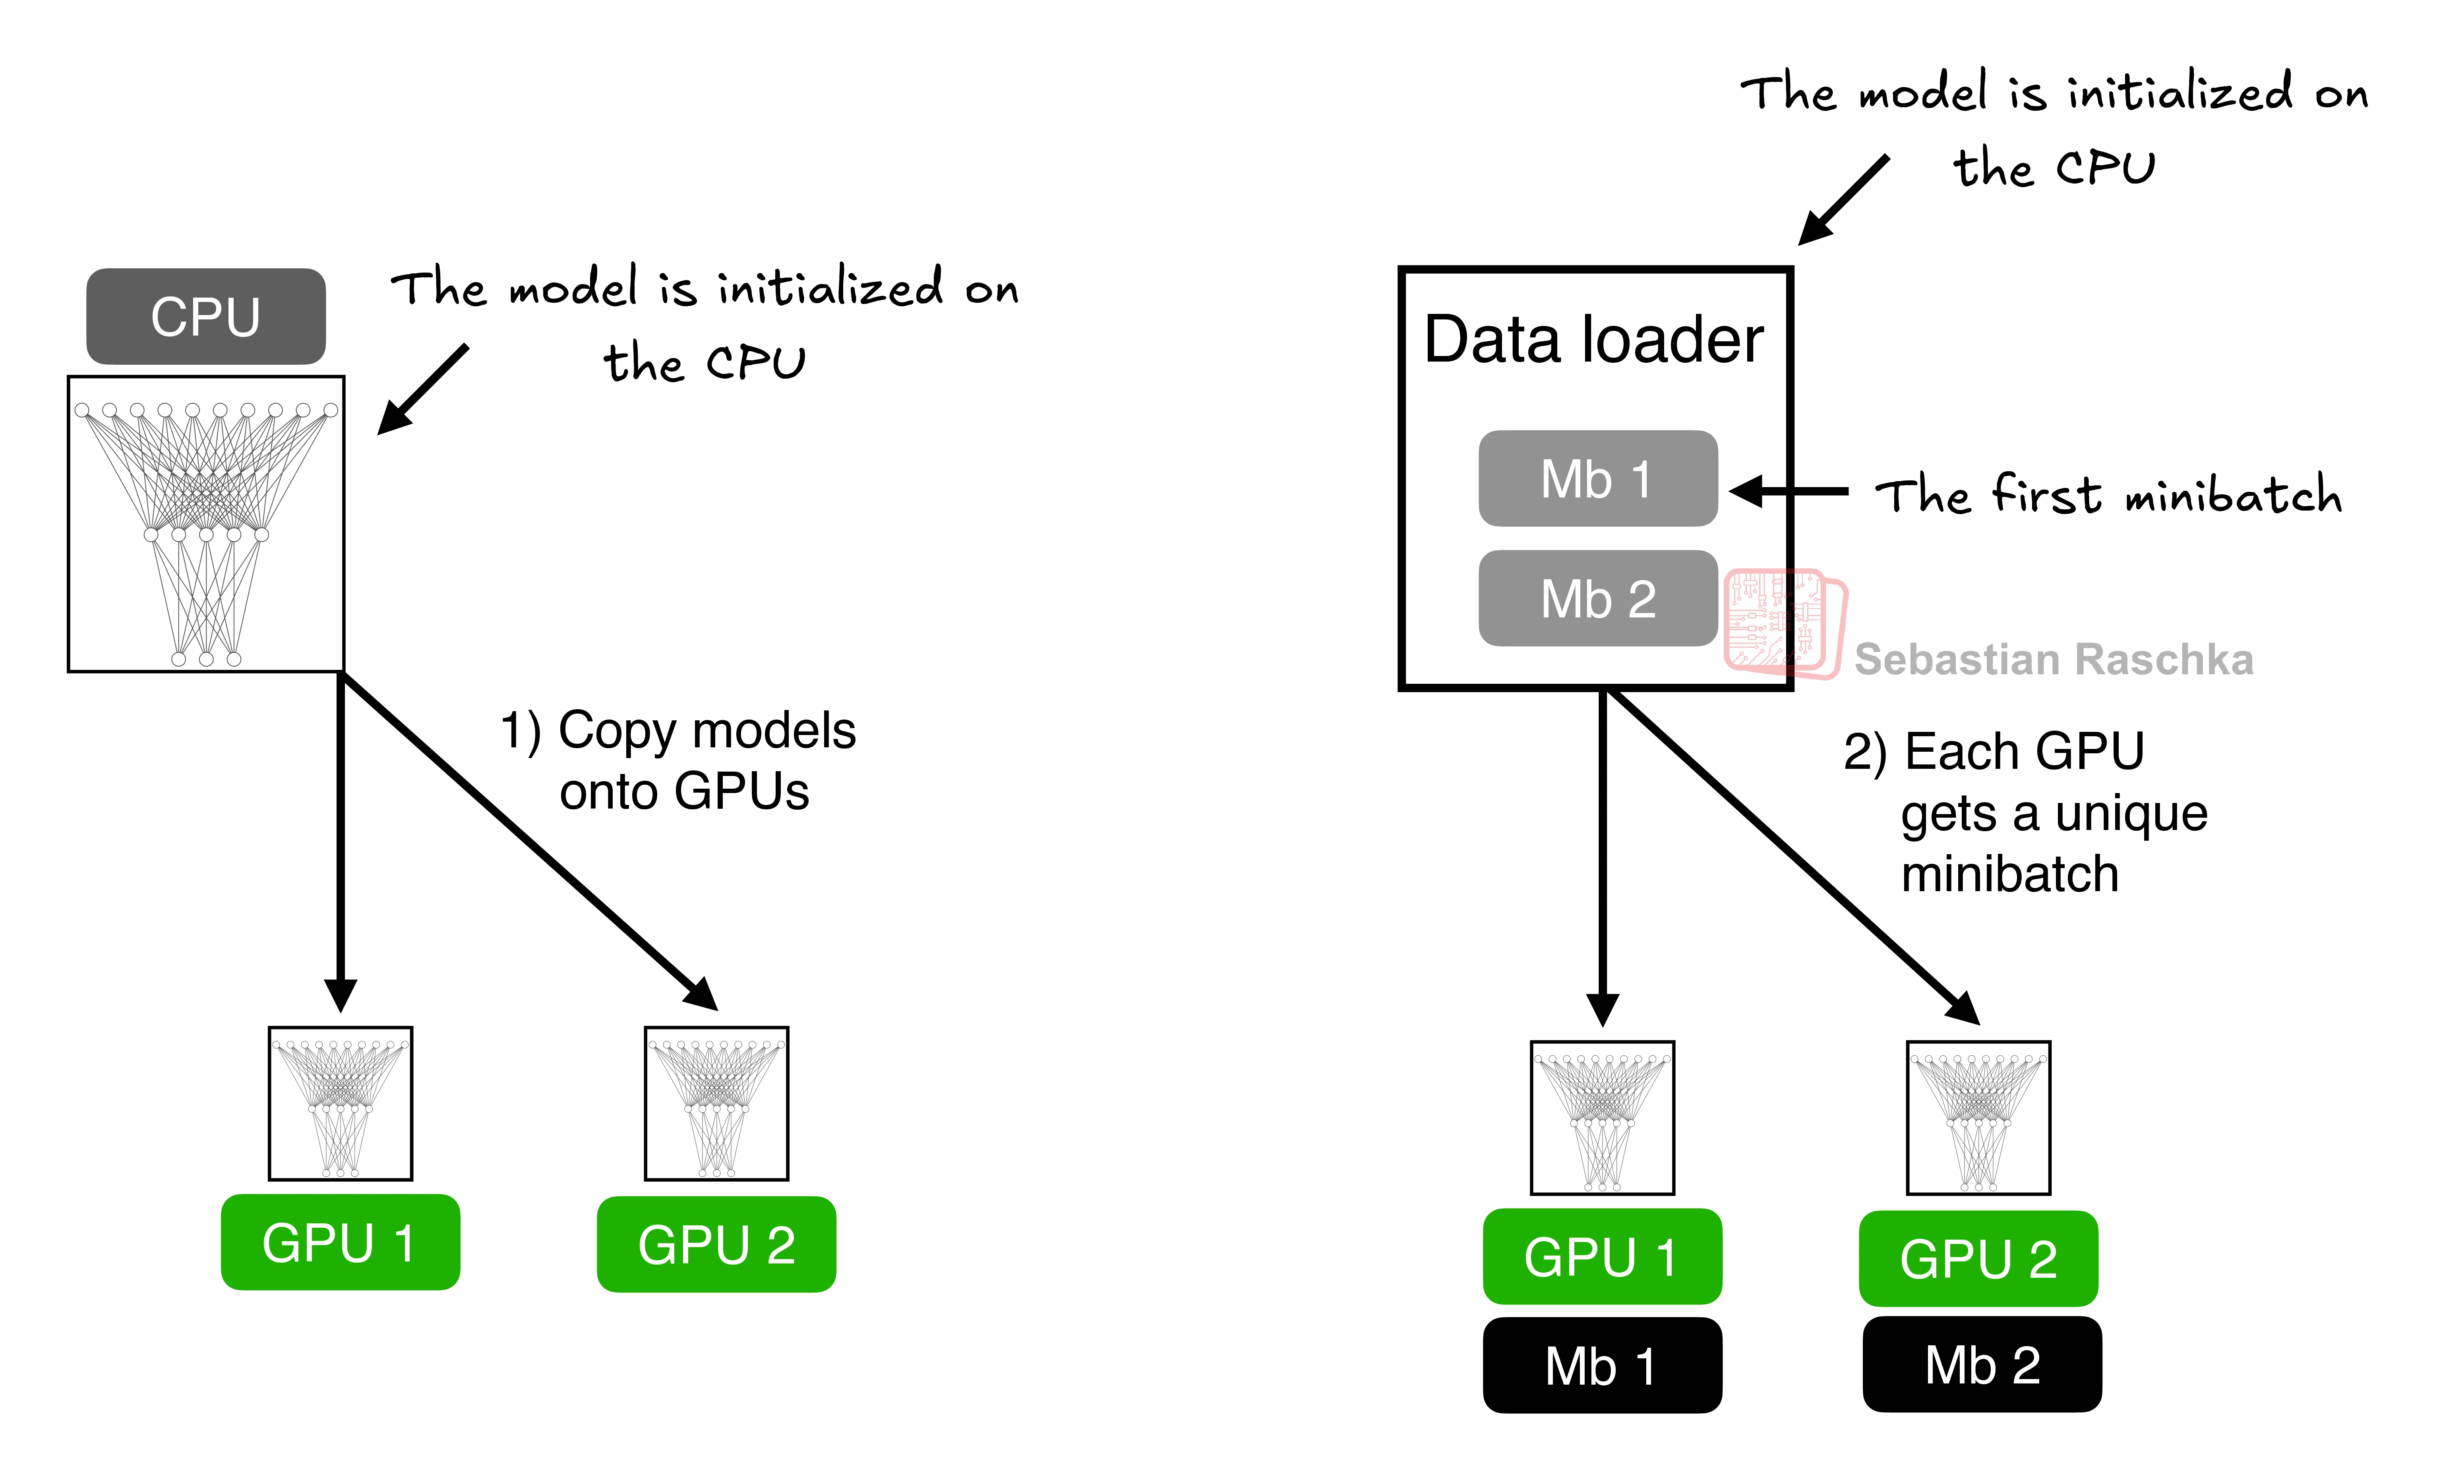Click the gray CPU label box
[x=206, y=316]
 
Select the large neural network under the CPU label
[x=206, y=524]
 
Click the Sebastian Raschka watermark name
[x=2053, y=660]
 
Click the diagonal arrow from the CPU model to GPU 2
[x=529, y=840]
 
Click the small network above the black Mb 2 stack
[x=1978, y=1118]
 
